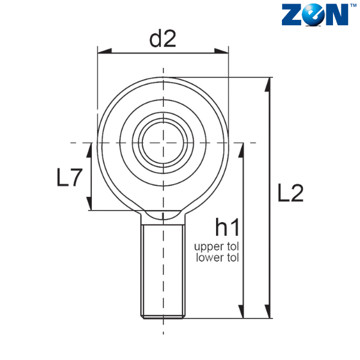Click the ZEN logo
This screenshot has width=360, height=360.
(x=316, y=14)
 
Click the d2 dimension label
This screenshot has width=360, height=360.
(x=163, y=39)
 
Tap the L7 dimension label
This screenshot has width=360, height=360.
(x=70, y=177)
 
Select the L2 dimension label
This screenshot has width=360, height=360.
(x=290, y=193)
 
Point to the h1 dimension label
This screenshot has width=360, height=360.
(x=227, y=227)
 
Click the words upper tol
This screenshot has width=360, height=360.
(x=217, y=247)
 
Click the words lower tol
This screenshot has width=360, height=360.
(x=217, y=257)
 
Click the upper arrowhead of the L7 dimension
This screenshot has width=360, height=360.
(x=89, y=150)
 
